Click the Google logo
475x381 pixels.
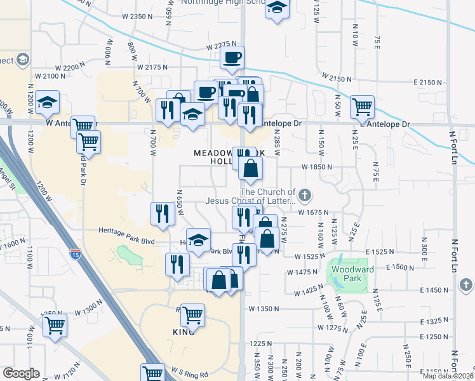21,373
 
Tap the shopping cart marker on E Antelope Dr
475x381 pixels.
362,107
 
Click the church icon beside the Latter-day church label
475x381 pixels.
305,194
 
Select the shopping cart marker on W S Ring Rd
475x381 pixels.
152,373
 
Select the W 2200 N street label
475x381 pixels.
70,67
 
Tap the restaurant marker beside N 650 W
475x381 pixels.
163,213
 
